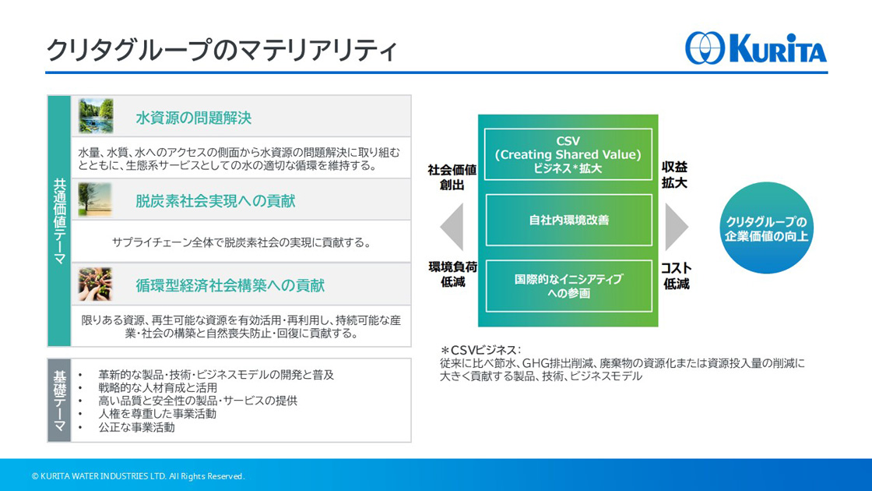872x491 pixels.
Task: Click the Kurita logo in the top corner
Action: click(756, 48)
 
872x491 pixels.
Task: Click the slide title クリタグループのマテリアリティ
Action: click(221, 50)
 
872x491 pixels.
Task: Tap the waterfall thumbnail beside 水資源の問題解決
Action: click(96, 116)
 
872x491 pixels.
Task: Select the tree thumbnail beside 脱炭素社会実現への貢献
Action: click(95, 200)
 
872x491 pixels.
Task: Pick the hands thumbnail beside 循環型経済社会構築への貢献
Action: click(95, 284)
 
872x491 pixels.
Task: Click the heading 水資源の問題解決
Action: click(194, 118)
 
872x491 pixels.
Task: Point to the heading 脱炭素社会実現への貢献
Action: click(215, 201)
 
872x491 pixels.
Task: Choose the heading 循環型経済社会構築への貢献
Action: click(230, 285)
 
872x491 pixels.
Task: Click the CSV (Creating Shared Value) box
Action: click(568, 154)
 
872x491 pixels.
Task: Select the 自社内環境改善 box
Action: click(568, 220)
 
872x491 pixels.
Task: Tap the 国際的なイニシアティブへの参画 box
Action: click(568, 285)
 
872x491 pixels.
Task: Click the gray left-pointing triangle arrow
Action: click(452, 227)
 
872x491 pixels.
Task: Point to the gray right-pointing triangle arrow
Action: click(677, 227)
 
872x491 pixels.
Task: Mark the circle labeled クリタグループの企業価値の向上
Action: click(766, 228)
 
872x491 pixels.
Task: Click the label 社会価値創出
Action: click(452, 177)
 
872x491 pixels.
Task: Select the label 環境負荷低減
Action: click(452, 274)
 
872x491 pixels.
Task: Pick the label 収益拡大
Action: click(674, 175)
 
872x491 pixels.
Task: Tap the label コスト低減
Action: click(676, 276)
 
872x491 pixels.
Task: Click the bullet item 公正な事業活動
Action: click(137, 428)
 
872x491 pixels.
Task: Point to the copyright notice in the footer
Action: click(138, 476)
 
